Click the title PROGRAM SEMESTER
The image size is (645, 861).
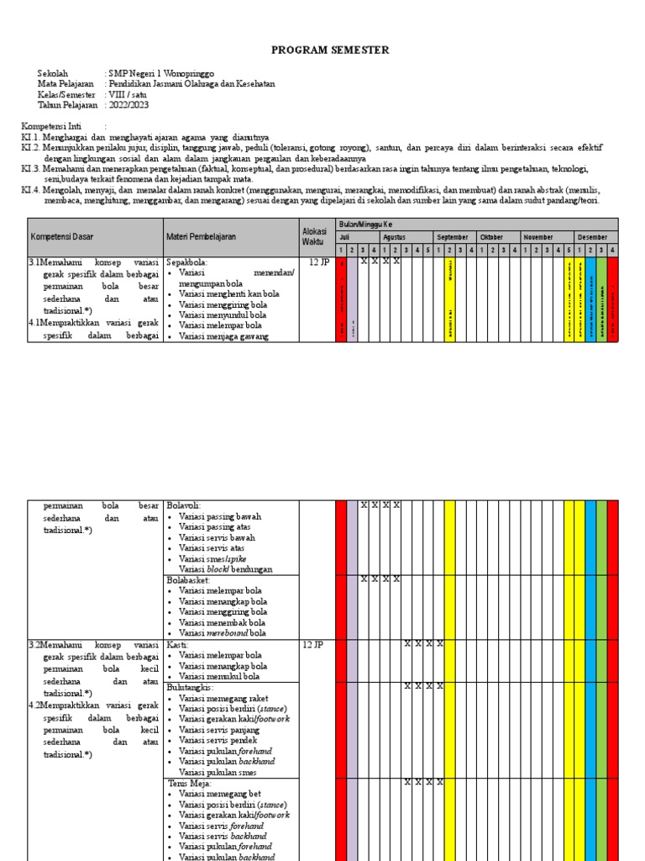point(330,50)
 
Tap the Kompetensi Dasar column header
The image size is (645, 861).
point(61,237)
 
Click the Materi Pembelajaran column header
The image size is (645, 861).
point(201,237)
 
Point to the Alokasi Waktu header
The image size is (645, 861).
point(312,236)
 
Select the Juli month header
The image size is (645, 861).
point(343,237)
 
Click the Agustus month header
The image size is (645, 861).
point(394,237)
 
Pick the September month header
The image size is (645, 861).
point(453,237)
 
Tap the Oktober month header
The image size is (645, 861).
point(491,237)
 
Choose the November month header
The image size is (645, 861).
point(538,237)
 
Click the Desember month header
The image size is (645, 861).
point(593,237)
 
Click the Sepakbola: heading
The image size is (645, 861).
point(186,261)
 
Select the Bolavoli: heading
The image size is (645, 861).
point(183,505)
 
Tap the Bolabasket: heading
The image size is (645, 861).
point(188,580)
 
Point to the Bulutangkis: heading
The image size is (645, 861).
point(191,687)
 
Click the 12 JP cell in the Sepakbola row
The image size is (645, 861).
point(319,262)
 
